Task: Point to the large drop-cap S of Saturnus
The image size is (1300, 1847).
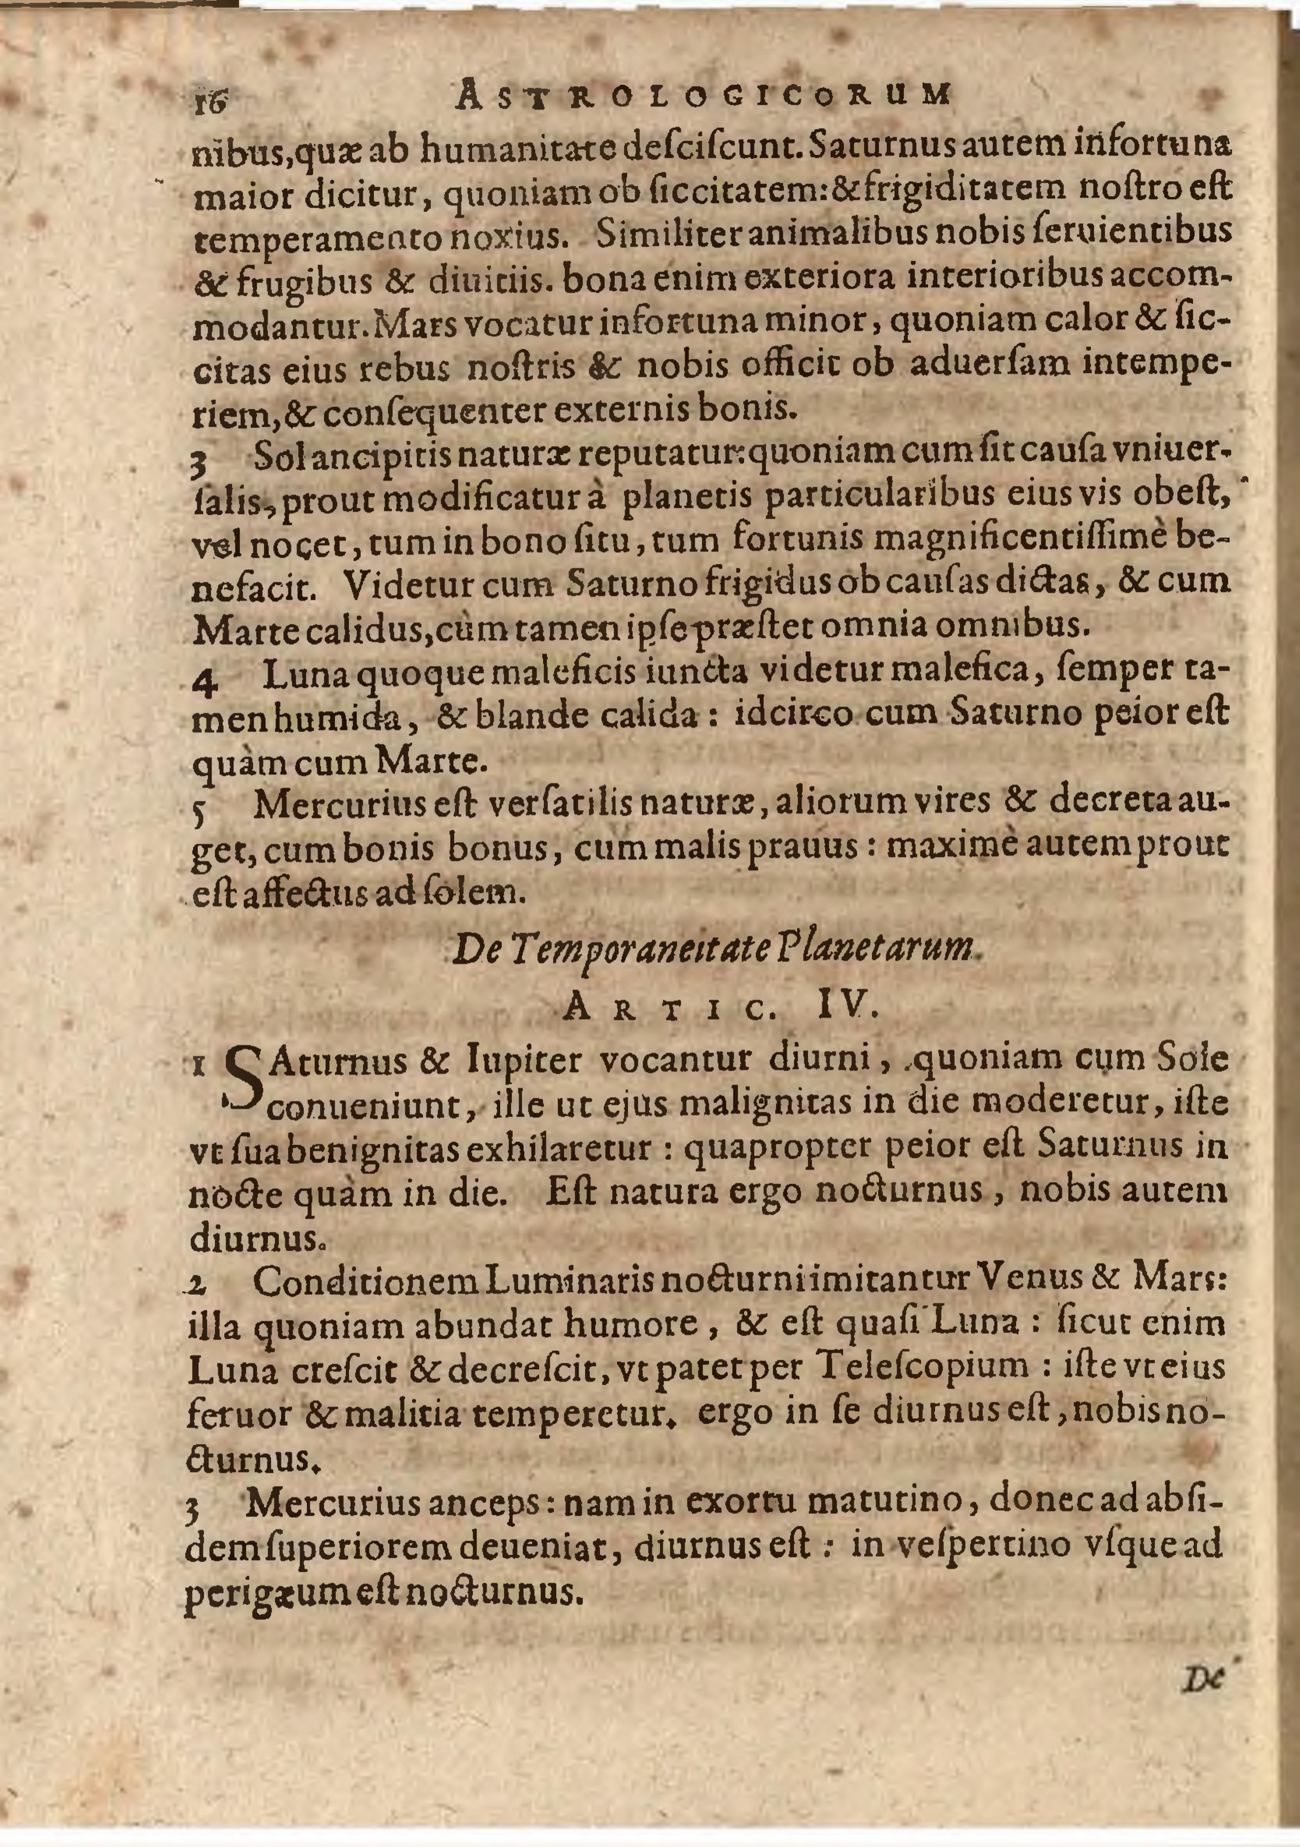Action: [x=244, y=1081]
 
